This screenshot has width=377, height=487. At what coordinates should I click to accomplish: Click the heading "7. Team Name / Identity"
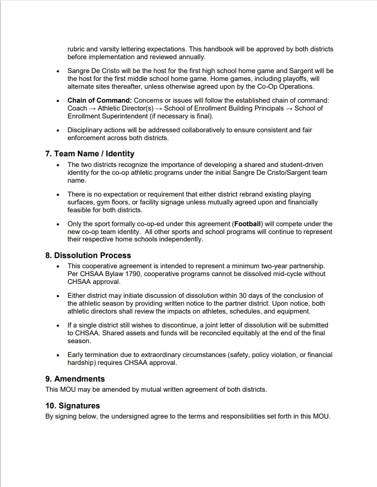90,154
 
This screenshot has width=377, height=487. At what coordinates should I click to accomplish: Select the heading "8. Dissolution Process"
88,255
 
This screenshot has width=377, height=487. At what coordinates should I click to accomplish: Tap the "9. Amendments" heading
75,379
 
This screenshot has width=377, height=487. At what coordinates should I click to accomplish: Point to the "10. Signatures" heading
73,406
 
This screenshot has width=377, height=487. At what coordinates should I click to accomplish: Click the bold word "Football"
247,224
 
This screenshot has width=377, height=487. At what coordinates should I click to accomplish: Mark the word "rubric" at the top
77,49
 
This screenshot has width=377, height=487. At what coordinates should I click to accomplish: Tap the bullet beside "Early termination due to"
58,355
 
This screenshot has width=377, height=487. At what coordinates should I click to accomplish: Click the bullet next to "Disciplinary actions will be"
58,130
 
